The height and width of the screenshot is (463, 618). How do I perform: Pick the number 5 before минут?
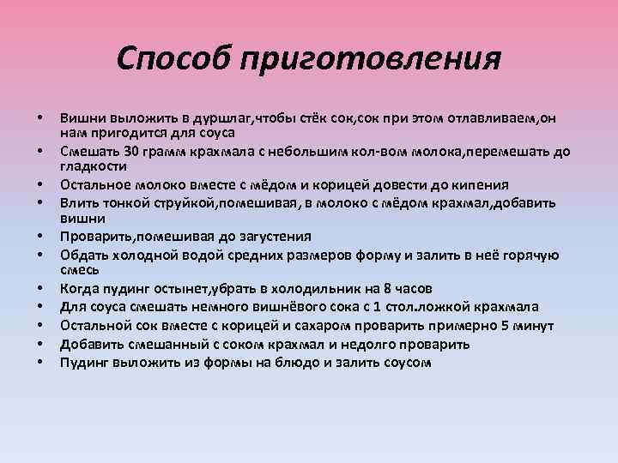coord(506,326)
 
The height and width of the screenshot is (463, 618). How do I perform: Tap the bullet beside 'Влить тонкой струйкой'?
coord(40,203)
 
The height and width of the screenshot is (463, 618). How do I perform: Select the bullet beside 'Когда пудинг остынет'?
coord(40,288)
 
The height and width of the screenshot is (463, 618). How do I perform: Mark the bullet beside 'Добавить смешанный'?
coord(40,345)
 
